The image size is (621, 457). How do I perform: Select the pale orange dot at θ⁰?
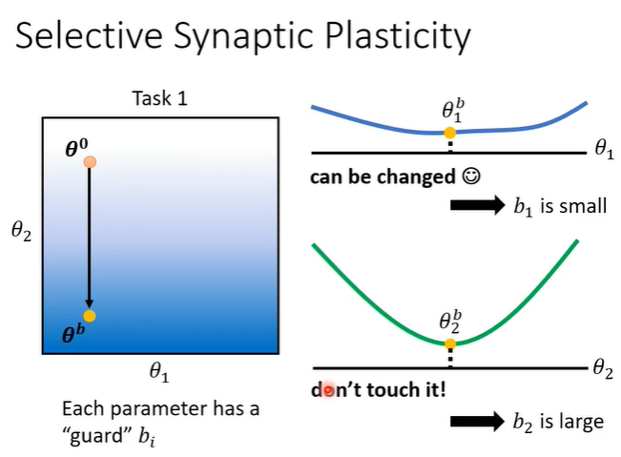click(x=90, y=162)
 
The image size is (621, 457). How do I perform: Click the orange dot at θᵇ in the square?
click(x=89, y=316)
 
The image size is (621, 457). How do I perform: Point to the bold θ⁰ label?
click(x=77, y=147)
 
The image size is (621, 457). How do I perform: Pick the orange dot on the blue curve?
click(x=449, y=133)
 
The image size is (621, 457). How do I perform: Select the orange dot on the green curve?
click(x=449, y=343)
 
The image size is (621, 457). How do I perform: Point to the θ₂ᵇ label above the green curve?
click(x=451, y=321)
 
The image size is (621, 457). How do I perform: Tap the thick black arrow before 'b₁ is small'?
click(x=476, y=205)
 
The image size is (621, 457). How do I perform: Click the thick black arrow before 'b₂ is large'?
click(x=476, y=420)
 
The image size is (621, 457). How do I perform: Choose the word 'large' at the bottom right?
click(x=583, y=420)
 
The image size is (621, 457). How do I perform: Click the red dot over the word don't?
click(x=329, y=390)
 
